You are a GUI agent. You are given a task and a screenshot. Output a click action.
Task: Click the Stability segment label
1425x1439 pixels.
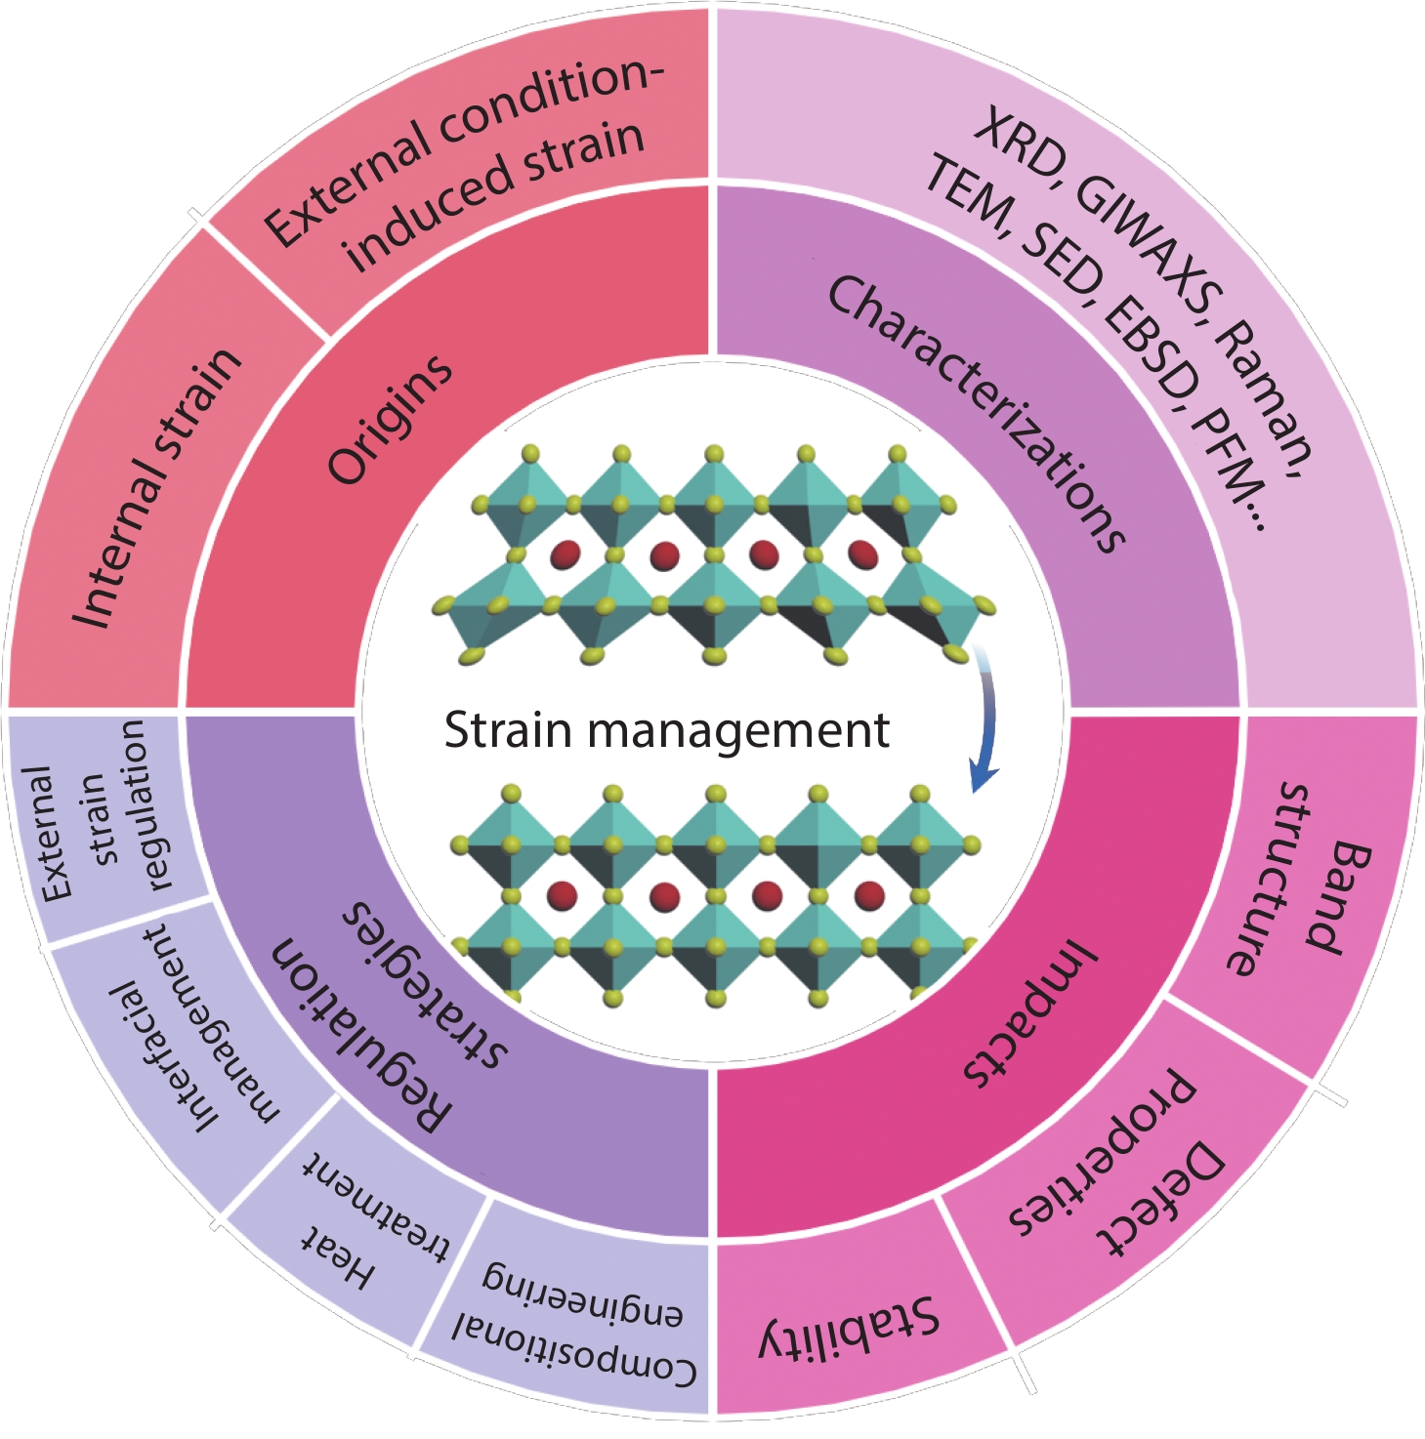pyautogui.click(x=850, y=1328)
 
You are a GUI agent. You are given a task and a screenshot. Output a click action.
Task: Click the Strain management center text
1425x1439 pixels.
pyautogui.click(x=667, y=730)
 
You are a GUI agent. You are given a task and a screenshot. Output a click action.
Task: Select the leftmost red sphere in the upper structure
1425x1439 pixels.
pyautogui.click(x=565, y=555)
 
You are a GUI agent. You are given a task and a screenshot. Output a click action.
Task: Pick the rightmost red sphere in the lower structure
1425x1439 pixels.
pyautogui.click(x=868, y=894)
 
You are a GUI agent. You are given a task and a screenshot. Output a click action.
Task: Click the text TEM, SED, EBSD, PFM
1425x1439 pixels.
pyautogui.click(x=1094, y=351)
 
